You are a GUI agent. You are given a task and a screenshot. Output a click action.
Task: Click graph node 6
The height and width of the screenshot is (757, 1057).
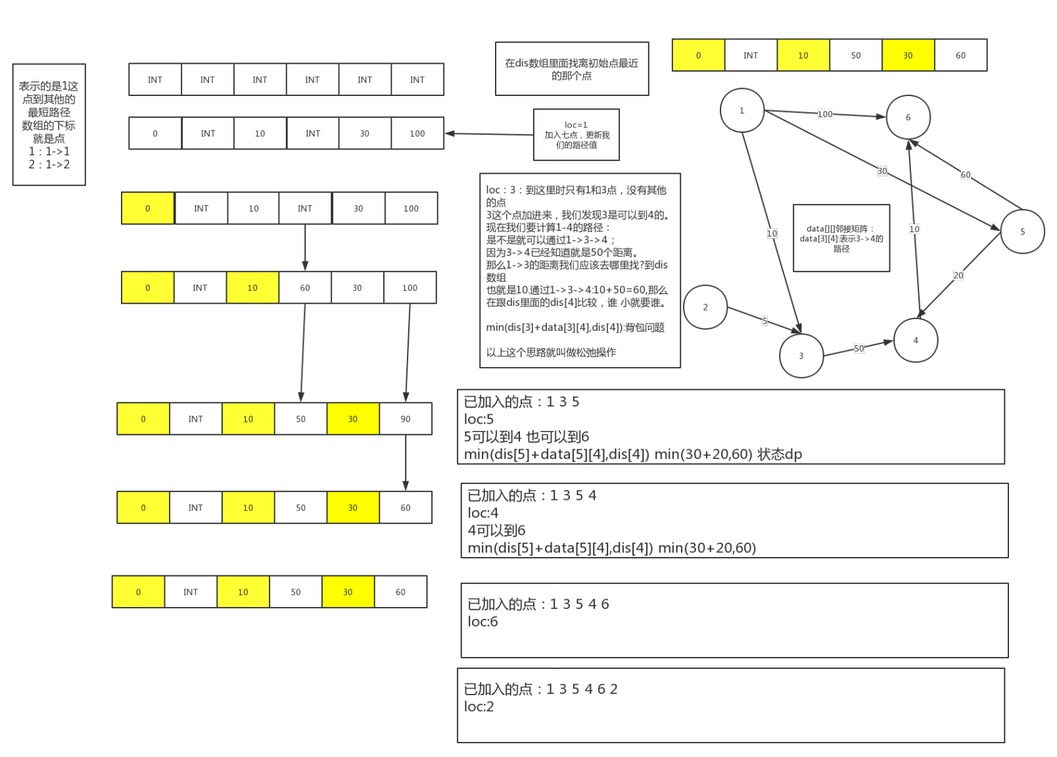pyautogui.click(x=908, y=117)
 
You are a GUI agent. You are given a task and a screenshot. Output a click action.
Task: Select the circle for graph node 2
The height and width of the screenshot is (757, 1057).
pyautogui.click(x=705, y=307)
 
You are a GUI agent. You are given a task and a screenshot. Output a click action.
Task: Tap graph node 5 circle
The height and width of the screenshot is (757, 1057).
pyautogui.click(x=1022, y=232)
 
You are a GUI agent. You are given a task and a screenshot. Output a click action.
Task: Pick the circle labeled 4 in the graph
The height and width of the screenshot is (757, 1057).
pyautogui.click(x=916, y=340)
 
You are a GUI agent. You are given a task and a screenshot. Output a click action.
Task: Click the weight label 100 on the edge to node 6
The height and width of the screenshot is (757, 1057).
pyautogui.click(x=825, y=114)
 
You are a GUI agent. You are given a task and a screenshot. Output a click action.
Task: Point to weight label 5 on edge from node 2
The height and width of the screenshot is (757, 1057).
pyautogui.click(x=764, y=321)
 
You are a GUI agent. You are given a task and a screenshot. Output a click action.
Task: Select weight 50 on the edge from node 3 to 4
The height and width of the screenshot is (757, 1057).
pyautogui.click(x=858, y=349)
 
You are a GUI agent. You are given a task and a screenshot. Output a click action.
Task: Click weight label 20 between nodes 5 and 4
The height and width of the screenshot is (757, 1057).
pyautogui.click(x=958, y=276)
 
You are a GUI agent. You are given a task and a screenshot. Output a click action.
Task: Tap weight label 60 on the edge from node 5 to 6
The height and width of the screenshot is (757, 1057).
pyautogui.click(x=965, y=175)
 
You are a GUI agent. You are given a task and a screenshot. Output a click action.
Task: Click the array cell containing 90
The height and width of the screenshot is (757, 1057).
pyautogui.click(x=406, y=419)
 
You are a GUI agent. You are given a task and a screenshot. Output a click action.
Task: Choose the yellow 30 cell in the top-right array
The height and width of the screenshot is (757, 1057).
pyautogui.click(x=908, y=55)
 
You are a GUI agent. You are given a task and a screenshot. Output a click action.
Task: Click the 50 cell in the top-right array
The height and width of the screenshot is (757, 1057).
pyautogui.click(x=855, y=55)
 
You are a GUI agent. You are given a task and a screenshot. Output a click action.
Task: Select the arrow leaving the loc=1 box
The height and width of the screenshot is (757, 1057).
pyautogui.click(x=489, y=134)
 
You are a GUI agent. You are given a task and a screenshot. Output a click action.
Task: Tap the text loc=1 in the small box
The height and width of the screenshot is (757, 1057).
pyautogui.click(x=576, y=125)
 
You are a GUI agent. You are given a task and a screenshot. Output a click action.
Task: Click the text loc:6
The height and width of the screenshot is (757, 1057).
pyautogui.click(x=482, y=622)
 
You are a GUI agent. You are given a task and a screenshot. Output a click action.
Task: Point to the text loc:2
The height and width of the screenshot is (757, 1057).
pyautogui.click(x=479, y=706)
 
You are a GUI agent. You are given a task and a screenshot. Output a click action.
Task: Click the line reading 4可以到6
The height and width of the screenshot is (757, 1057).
pyautogui.click(x=496, y=530)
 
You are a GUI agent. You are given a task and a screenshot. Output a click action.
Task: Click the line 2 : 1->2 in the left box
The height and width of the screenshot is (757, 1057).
pyautogui.click(x=49, y=164)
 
